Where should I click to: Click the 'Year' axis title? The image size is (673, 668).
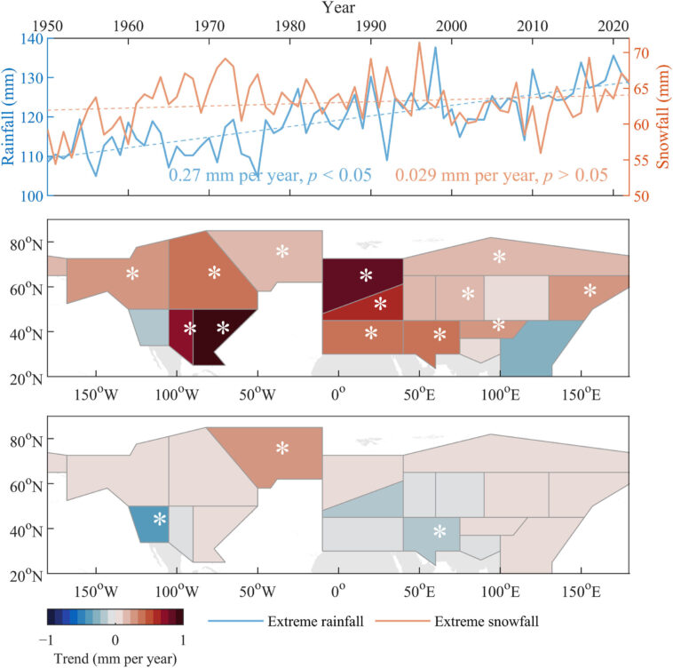[337, 8]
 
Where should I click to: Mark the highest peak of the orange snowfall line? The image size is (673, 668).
[419, 42]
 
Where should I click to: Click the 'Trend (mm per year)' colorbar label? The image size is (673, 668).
[115, 658]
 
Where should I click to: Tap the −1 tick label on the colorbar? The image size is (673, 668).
[49, 640]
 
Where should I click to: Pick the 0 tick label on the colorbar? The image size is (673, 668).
[115, 640]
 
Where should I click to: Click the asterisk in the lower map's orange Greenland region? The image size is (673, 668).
[282, 449]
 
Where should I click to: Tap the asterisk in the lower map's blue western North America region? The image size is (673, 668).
[160, 519]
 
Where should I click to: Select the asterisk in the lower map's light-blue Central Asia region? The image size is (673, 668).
[439, 532]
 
